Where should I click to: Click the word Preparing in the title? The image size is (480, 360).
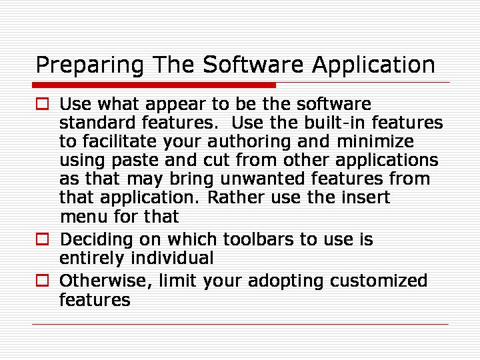point(90,65)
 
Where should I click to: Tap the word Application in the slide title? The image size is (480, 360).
point(373,65)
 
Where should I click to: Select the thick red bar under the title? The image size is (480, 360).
point(154,85)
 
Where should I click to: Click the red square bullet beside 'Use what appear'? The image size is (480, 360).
point(42,104)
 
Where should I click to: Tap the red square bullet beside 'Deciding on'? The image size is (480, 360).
point(42,239)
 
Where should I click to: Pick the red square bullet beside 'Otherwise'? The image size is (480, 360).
point(42,281)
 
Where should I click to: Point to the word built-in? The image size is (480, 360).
point(335,123)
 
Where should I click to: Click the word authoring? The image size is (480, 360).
point(249,143)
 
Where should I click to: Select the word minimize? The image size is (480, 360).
point(375,141)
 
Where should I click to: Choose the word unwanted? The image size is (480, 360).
point(263,179)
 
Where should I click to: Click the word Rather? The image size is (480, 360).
point(236,197)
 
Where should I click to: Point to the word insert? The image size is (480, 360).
point(365,197)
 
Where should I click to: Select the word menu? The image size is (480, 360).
point(83,217)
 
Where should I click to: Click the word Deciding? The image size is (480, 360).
point(97,240)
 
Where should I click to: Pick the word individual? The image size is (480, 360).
point(172,258)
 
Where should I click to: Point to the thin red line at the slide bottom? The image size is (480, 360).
point(240,324)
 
